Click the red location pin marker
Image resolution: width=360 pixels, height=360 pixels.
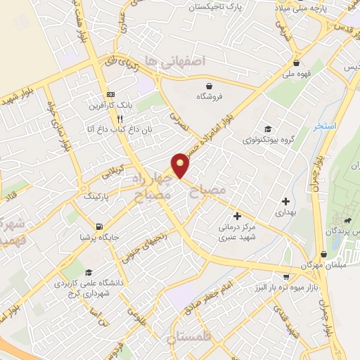tap(181, 165)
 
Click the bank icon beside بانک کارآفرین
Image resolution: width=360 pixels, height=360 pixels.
tap(110, 94)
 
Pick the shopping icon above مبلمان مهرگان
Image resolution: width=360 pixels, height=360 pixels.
tap(323, 255)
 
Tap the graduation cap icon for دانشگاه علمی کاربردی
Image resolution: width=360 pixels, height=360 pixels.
tap(88, 273)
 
